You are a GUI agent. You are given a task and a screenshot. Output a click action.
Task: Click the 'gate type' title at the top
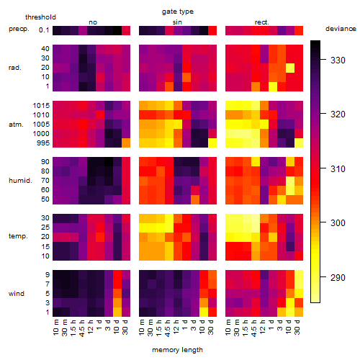[x=178, y=12]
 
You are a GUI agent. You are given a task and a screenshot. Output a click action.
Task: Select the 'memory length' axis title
[x=177, y=350]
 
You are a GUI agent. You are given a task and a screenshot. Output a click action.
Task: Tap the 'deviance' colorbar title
[x=341, y=29]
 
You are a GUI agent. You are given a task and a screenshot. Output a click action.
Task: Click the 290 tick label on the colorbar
[x=338, y=277]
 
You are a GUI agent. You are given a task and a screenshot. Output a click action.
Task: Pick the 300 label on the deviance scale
[x=338, y=223]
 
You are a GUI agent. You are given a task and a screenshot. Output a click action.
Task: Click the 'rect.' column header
[x=262, y=22]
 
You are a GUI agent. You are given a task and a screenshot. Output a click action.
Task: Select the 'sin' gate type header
[x=177, y=22]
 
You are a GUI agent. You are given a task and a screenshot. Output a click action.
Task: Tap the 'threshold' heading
[x=40, y=17]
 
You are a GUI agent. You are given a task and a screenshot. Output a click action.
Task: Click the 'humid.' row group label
[x=20, y=181]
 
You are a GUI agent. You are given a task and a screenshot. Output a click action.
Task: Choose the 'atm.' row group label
[x=16, y=125]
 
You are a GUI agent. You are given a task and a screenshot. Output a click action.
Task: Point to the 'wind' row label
[x=17, y=293]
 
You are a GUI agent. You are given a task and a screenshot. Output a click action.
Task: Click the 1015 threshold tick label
[x=41, y=105]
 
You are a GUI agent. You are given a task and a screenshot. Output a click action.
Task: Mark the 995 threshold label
[x=43, y=143]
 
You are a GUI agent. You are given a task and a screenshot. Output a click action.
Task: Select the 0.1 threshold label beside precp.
[x=44, y=30]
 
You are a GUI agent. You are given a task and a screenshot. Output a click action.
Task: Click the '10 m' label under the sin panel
[x=142, y=327]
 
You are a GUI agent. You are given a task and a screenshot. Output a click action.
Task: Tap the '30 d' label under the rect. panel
[x=297, y=327]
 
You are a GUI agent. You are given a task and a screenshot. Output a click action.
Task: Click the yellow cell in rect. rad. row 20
[x=290, y=68]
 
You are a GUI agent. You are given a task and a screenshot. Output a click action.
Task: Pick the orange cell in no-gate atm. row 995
[x=126, y=143]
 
